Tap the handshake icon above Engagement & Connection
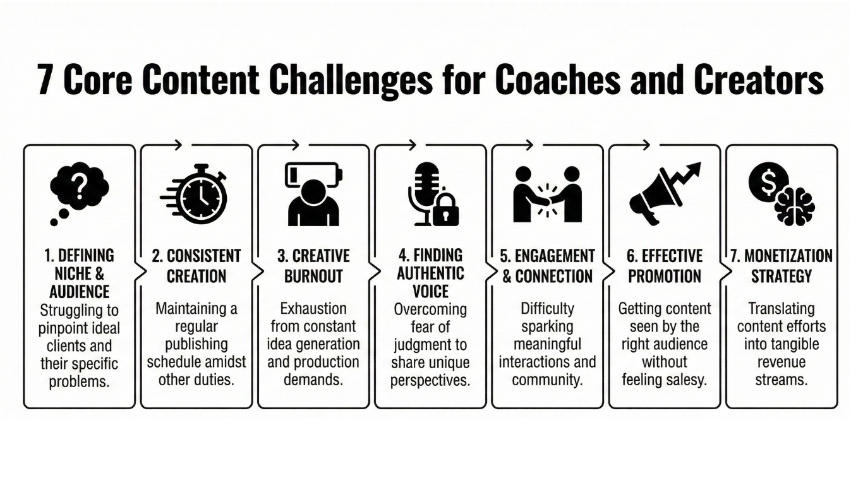(x=547, y=195)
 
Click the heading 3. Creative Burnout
(x=313, y=266)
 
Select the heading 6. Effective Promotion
(x=664, y=266)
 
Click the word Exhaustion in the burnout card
(x=313, y=309)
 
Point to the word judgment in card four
(x=431, y=345)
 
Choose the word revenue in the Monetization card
(x=781, y=362)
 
